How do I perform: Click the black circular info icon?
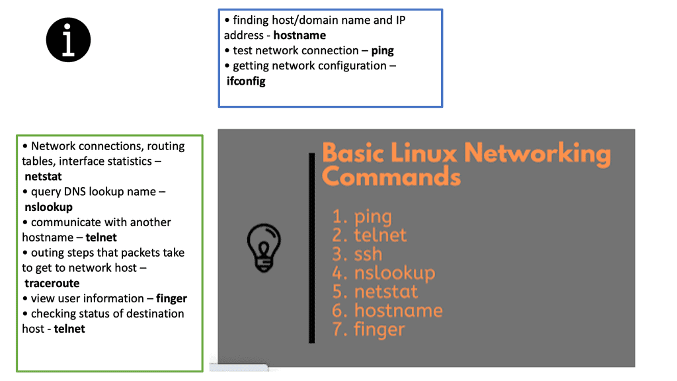tap(68, 40)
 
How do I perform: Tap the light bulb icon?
tap(264, 247)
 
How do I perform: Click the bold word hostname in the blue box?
tap(299, 35)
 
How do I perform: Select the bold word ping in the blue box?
tap(382, 50)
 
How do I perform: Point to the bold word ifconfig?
tap(246, 81)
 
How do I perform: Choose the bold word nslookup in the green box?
tap(48, 207)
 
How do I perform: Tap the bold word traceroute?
tap(52, 283)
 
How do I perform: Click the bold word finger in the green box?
tap(171, 298)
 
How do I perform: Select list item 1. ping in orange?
tap(362, 216)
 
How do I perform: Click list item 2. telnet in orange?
tap(369, 235)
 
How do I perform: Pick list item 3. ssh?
tap(357, 253)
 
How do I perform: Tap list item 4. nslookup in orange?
tap(383, 273)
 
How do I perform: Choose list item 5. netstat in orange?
tap(376, 291)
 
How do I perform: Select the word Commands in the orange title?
tap(391, 177)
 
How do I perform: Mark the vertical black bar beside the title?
tap(311, 248)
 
